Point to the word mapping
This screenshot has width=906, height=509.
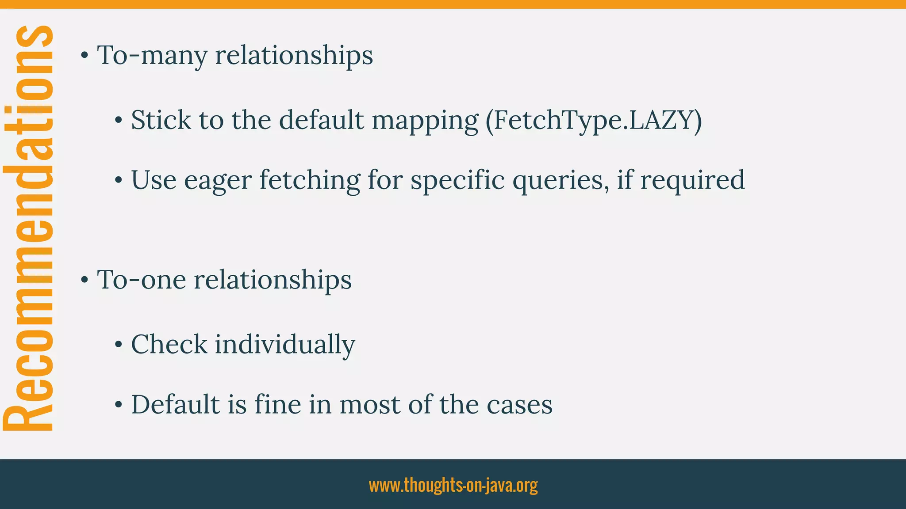(425, 121)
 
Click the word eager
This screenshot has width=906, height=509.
(218, 181)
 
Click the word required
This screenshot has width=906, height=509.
(692, 180)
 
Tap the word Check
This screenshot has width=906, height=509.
(169, 344)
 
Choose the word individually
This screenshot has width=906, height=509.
(285, 345)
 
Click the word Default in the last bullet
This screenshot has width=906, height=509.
(176, 404)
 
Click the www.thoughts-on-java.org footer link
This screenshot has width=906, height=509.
(453, 485)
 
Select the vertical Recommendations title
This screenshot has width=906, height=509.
(28, 228)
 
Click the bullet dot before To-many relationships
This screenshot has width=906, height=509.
(84, 56)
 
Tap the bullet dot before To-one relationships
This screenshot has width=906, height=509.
(84, 280)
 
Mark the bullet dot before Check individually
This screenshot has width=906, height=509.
(118, 345)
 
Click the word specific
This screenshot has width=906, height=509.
(457, 181)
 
